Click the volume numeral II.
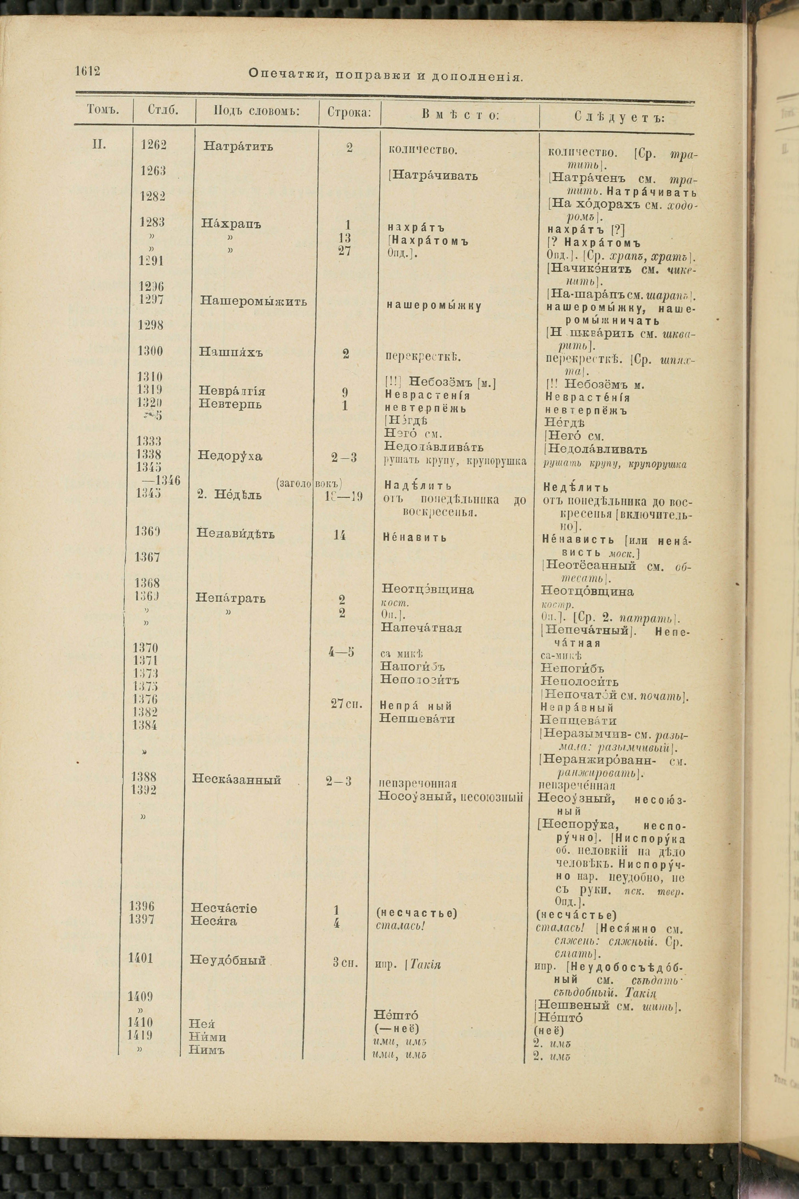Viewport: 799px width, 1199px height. [x=99, y=145]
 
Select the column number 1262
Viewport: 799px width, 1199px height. [x=153, y=145]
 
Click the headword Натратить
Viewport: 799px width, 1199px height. [x=238, y=146]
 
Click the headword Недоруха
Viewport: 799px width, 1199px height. [x=230, y=456]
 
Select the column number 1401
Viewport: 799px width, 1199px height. [x=141, y=958]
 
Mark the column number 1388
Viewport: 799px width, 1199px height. [x=144, y=777]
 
